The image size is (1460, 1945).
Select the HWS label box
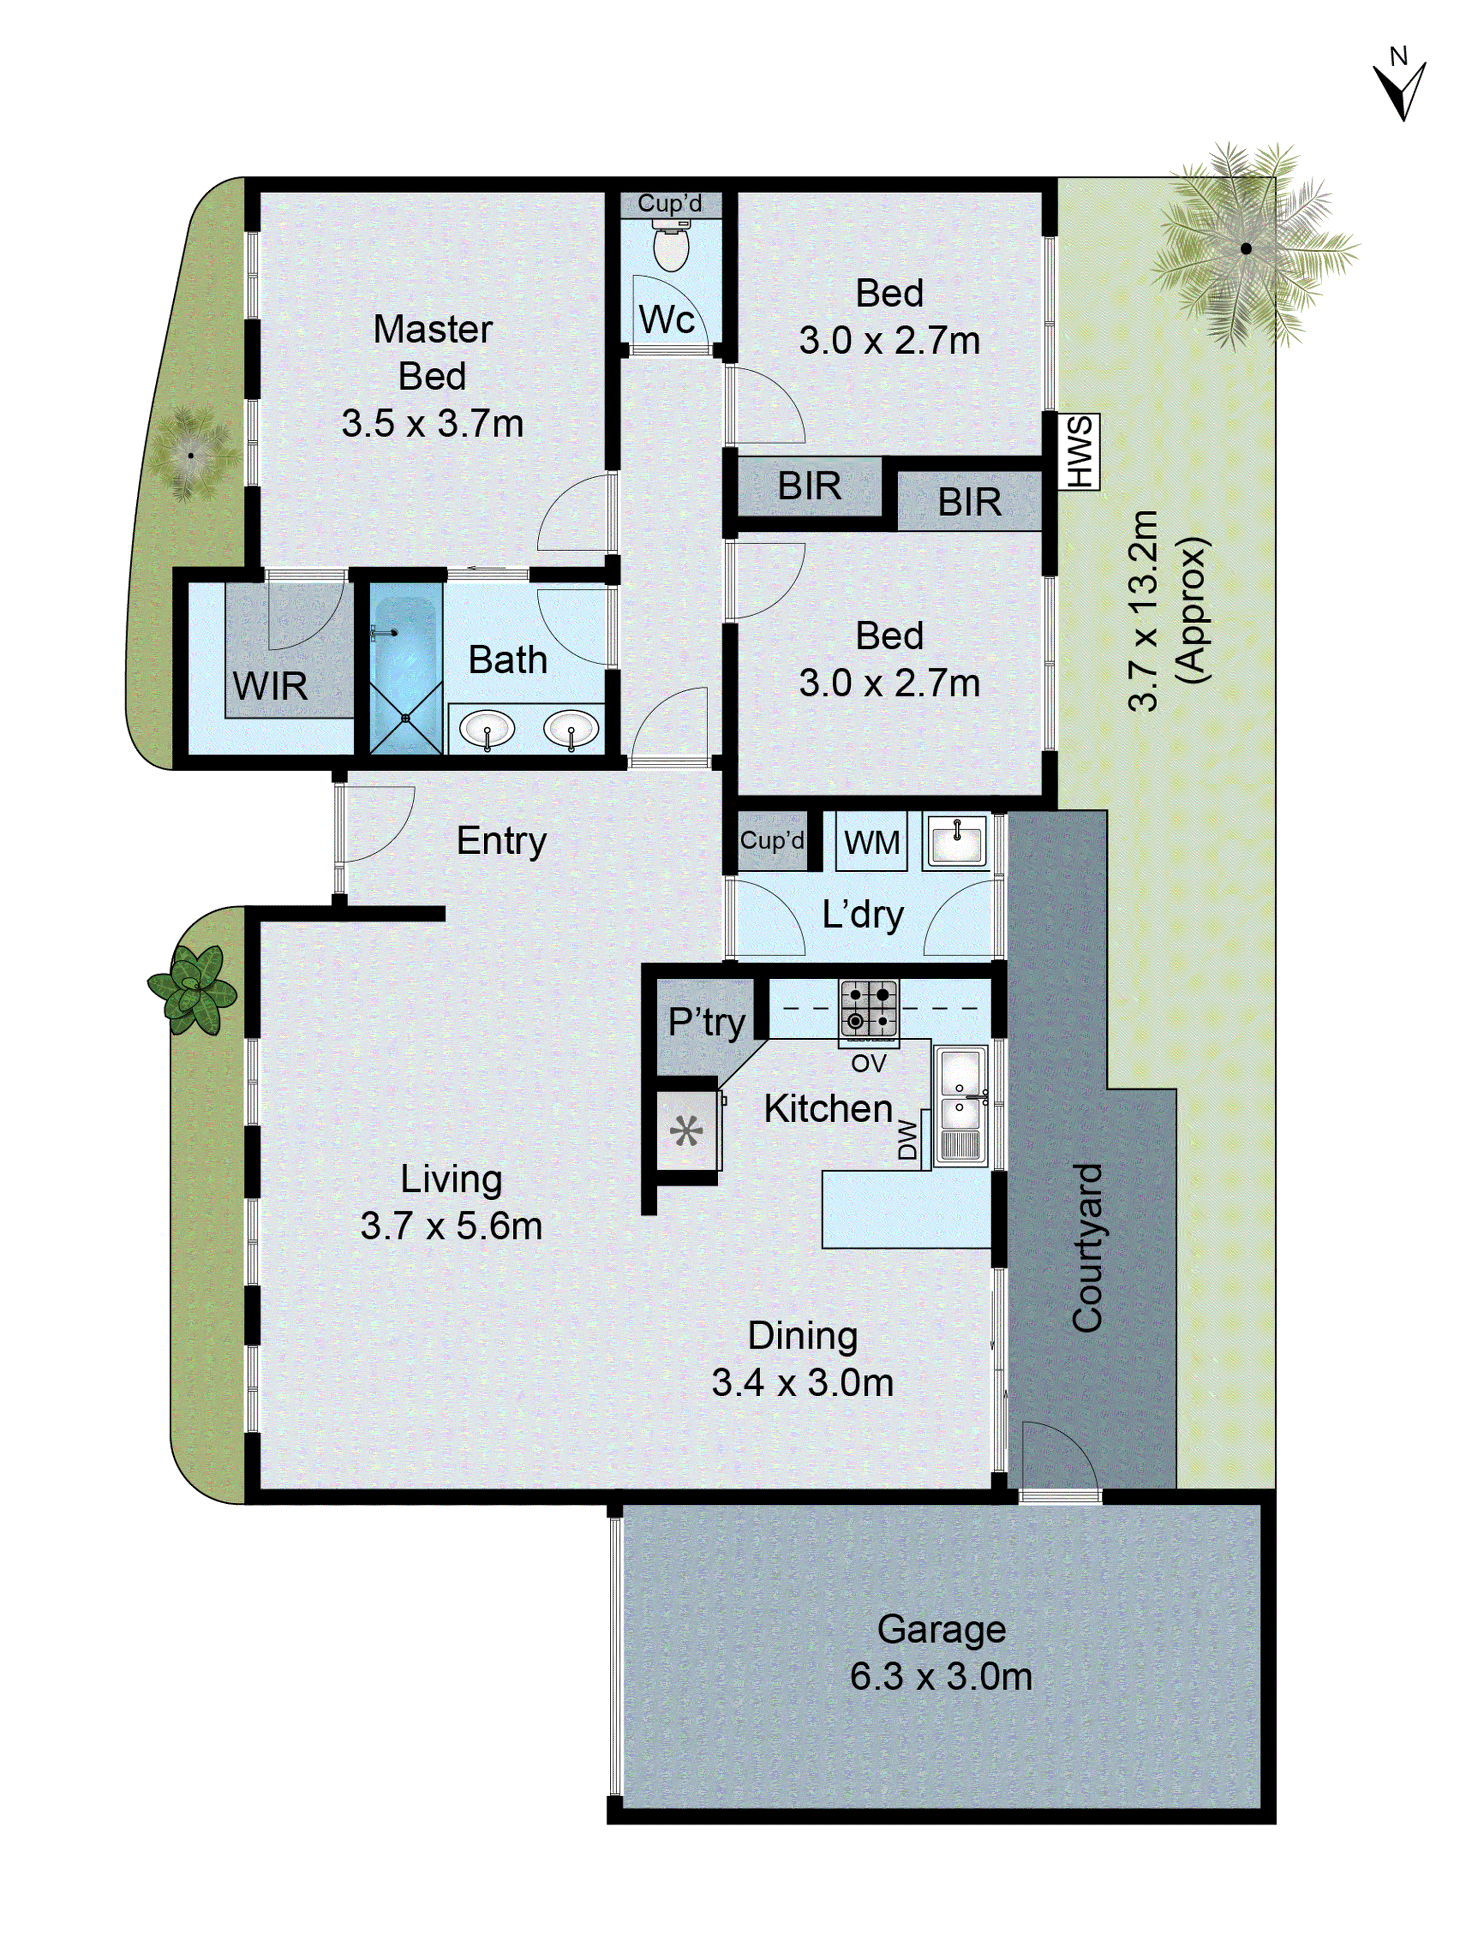click(1078, 452)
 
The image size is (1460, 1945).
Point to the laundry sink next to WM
click(955, 842)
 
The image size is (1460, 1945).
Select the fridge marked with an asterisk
click(687, 1131)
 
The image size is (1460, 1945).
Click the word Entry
click(501, 841)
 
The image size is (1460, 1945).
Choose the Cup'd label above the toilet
click(669, 203)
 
